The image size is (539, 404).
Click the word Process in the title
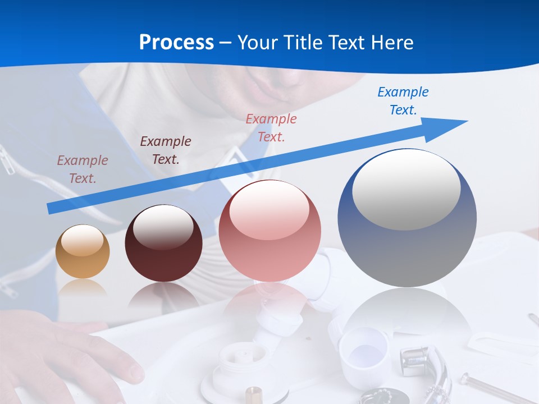click(x=176, y=42)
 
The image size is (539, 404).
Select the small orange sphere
click(x=83, y=252)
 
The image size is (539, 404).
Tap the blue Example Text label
click(x=403, y=101)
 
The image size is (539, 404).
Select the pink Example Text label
click(x=271, y=127)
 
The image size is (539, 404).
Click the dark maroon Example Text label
click(x=166, y=150)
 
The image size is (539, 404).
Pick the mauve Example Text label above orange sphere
click(x=83, y=169)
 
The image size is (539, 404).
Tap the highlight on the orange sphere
click(x=83, y=240)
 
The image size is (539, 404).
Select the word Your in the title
click(x=257, y=42)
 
